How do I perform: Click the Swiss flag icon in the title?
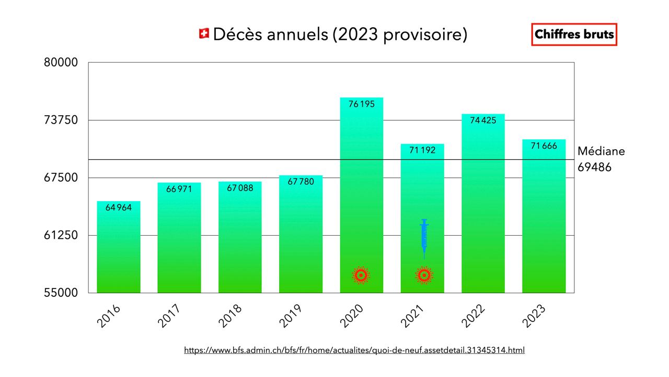coord(204,34)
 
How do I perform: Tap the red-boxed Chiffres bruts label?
coord(574,35)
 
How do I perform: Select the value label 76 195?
coord(362,104)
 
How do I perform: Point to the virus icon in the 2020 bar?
coord(361,275)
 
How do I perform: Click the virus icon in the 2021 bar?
coord(424,275)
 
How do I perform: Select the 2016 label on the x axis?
coord(109,316)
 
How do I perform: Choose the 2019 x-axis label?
coord(291,316)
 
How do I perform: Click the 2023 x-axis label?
coord(534,316)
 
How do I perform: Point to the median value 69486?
coord(594,168)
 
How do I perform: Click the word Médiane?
coord(601,151)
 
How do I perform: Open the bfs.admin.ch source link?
coord(354,350)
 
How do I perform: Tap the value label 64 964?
coord(119,207)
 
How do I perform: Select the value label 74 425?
coord(483,120)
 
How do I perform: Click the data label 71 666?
coord(544,146)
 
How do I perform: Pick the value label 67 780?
coord(301,182)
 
